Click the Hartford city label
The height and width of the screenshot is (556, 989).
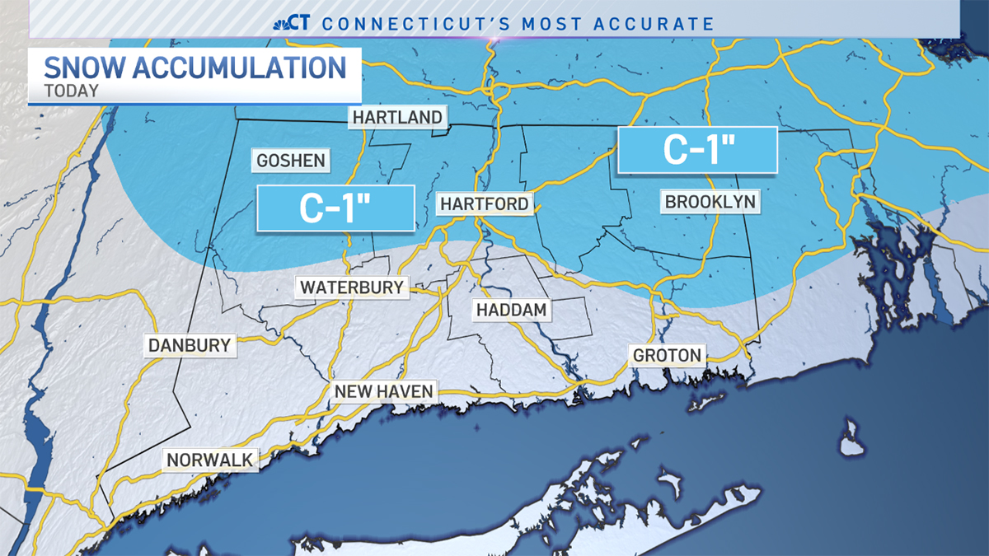(x=484, y=203)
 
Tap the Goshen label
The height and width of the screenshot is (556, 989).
(x=291, y=160)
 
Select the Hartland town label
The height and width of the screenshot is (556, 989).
(x=397, y=117)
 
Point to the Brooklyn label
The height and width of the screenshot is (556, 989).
(x=710, y=201)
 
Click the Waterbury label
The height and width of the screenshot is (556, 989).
(x=352, y=287)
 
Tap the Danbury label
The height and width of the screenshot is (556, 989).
(x=190, y=345)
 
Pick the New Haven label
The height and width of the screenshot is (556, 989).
(x=383, y=391)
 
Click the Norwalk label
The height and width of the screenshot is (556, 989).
(x=212, y=460)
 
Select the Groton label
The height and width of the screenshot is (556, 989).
(x=667, y=356)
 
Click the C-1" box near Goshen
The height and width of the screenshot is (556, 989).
(x=335, y=208)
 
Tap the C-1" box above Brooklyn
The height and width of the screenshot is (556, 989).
(x=697, y=150)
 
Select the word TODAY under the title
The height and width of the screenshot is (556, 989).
(x=72, y=91)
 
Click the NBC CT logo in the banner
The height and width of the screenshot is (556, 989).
(x=291, y=23)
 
